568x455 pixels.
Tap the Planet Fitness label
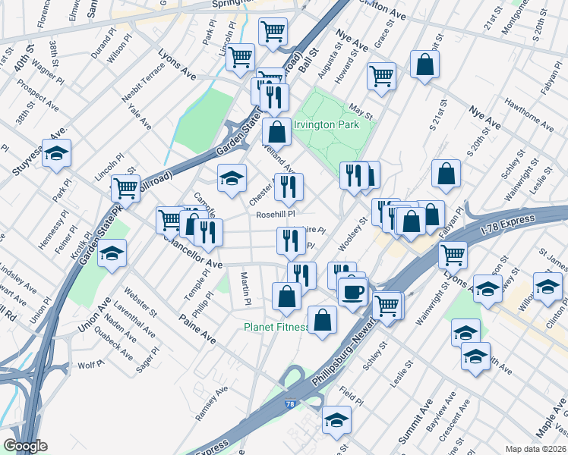(276, 328)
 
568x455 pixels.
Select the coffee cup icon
(352, 291)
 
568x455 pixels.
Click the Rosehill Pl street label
(275, 215)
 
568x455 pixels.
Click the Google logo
(25, 447)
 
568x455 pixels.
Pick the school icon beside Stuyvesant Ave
(55, 154)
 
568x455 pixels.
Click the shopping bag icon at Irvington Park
(279, 132)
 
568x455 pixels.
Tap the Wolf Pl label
(90, 366)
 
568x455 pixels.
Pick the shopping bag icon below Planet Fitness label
(323, 319)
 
